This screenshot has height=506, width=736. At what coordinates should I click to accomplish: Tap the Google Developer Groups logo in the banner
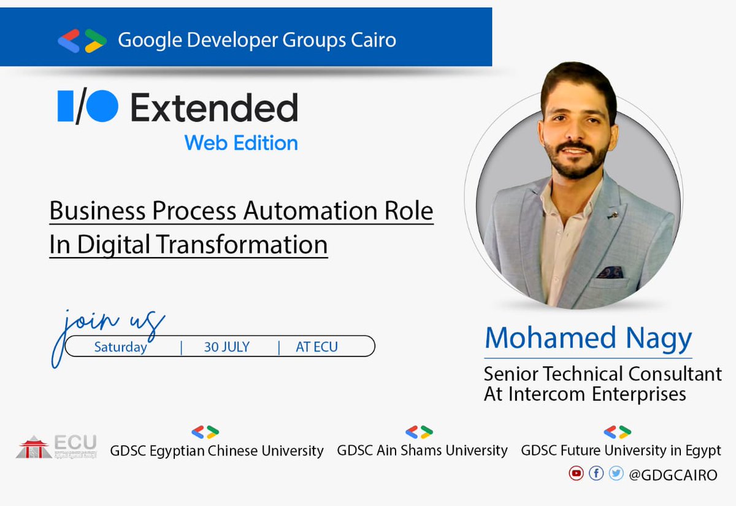coord(82,40)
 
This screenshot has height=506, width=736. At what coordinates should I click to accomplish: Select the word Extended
coord(214,109)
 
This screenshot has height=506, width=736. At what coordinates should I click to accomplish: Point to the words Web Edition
coord(241,143)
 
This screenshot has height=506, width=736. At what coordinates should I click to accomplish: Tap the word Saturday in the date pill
coord(120,347)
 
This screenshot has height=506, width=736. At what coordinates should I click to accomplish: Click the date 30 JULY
coord(227,347)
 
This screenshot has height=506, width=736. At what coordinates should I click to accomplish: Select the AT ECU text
coord(316,347)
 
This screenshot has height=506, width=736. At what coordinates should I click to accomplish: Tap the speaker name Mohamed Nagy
coord(588,337)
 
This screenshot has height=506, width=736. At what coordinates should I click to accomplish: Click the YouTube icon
coord(576,473)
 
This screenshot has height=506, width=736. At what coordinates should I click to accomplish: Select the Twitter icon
coord(616,473)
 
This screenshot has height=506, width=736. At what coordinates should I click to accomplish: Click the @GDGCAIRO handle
coord(673,475)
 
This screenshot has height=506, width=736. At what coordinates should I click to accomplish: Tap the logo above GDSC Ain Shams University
coord(419,432)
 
